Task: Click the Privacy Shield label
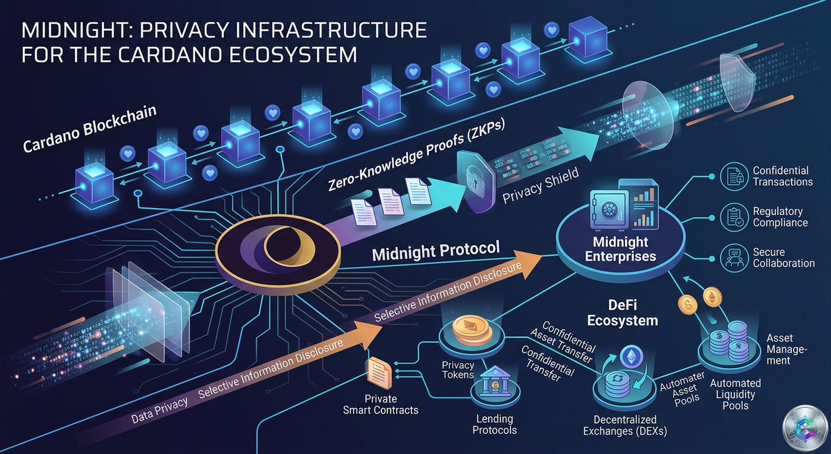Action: click(x=540, y=185)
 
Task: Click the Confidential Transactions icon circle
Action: click(x=734, y=176)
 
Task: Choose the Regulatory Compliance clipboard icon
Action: click(x=734, y=217)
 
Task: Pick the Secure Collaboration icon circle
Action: click(x=734, y=257)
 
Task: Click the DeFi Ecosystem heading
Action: click(x=622, y=313)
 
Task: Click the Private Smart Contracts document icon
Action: click(x=379, y=373)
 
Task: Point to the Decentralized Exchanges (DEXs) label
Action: click(x=624, y=425)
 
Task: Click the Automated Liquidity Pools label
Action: click(x=735, y=394)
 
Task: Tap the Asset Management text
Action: click(x=785, y=349)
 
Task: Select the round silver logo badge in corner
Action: click(x=805, y=428)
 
